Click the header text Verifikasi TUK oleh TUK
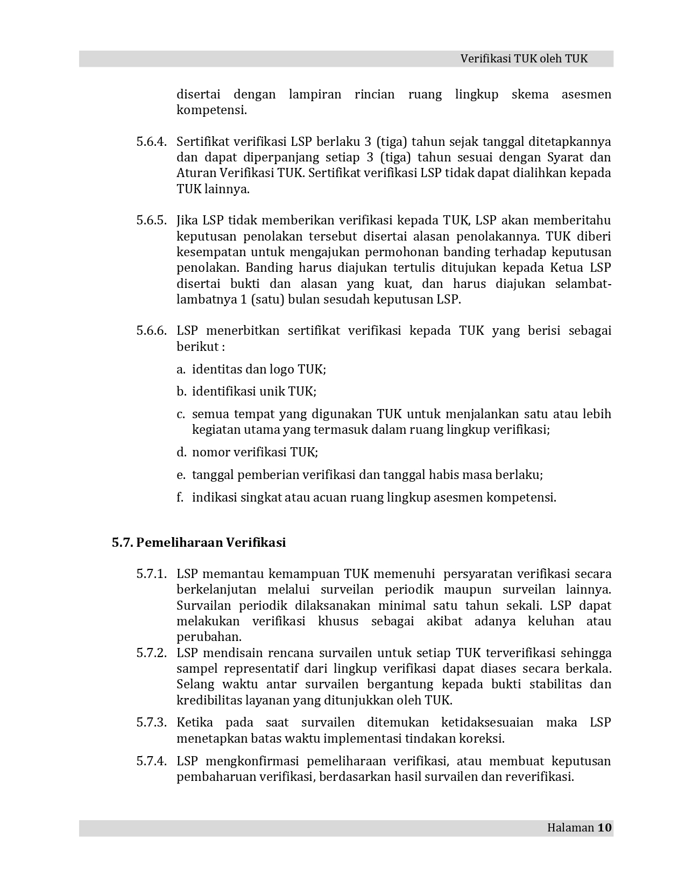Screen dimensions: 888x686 pos(524,59)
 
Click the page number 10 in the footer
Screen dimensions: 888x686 pos(604,827)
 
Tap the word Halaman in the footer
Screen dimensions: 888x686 pos(570,827)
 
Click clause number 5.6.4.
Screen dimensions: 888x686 pos(151,142)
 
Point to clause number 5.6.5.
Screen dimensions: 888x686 pos(151,220)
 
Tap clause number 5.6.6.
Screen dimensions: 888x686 pos(151,330)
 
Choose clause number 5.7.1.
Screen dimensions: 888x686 pos(151,574)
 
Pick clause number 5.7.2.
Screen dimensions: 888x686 pos(151,653)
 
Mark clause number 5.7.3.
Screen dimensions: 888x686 pos(151,722)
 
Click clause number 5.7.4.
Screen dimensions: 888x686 pos(151,761)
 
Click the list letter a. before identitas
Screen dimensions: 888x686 pos(181,369)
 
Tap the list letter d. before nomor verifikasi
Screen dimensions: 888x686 pos(181,452)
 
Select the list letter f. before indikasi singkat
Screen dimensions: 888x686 pos(180,497)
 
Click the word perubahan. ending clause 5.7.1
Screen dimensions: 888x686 pos(209,637)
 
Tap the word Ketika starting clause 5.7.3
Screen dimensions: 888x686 pos(195,722)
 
